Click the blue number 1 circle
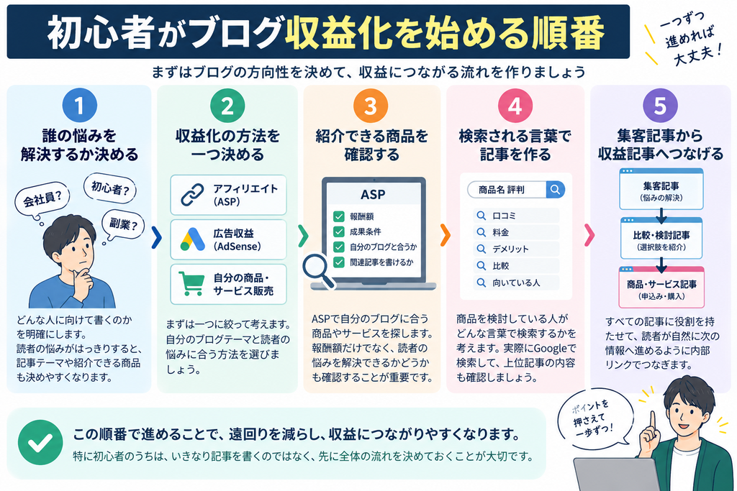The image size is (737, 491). tap(79, 105)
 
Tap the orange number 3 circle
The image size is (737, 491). tap(371, 106)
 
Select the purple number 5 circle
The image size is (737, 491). tap(660, 105)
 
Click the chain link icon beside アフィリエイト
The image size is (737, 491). tap(193, 196)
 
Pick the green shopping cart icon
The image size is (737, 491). tap(191, 283)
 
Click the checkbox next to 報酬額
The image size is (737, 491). tap(338, 216)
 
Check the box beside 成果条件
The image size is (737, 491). tap(338, 231)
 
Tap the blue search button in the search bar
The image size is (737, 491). tap(555, 190)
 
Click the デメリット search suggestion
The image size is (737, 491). tap(516, 249)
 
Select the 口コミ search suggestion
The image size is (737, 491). tap(516, 216)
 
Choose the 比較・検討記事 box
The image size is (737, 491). tap(661, 239)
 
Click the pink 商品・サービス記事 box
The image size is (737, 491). tap(661, 288)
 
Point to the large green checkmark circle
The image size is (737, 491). tap(40, 442)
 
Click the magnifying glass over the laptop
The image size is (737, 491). tap(317, 270)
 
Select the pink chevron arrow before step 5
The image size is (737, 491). tap(589, 235)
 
